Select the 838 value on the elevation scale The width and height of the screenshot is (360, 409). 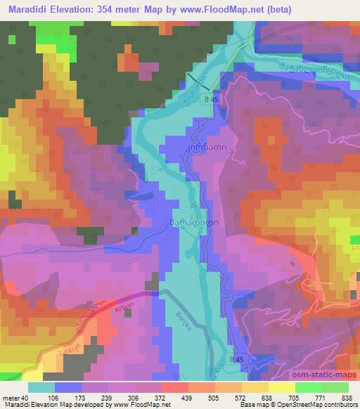click(346, 398)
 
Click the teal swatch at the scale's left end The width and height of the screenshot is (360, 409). click(41, 387)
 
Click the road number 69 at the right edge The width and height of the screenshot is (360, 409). click(355, 249)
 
